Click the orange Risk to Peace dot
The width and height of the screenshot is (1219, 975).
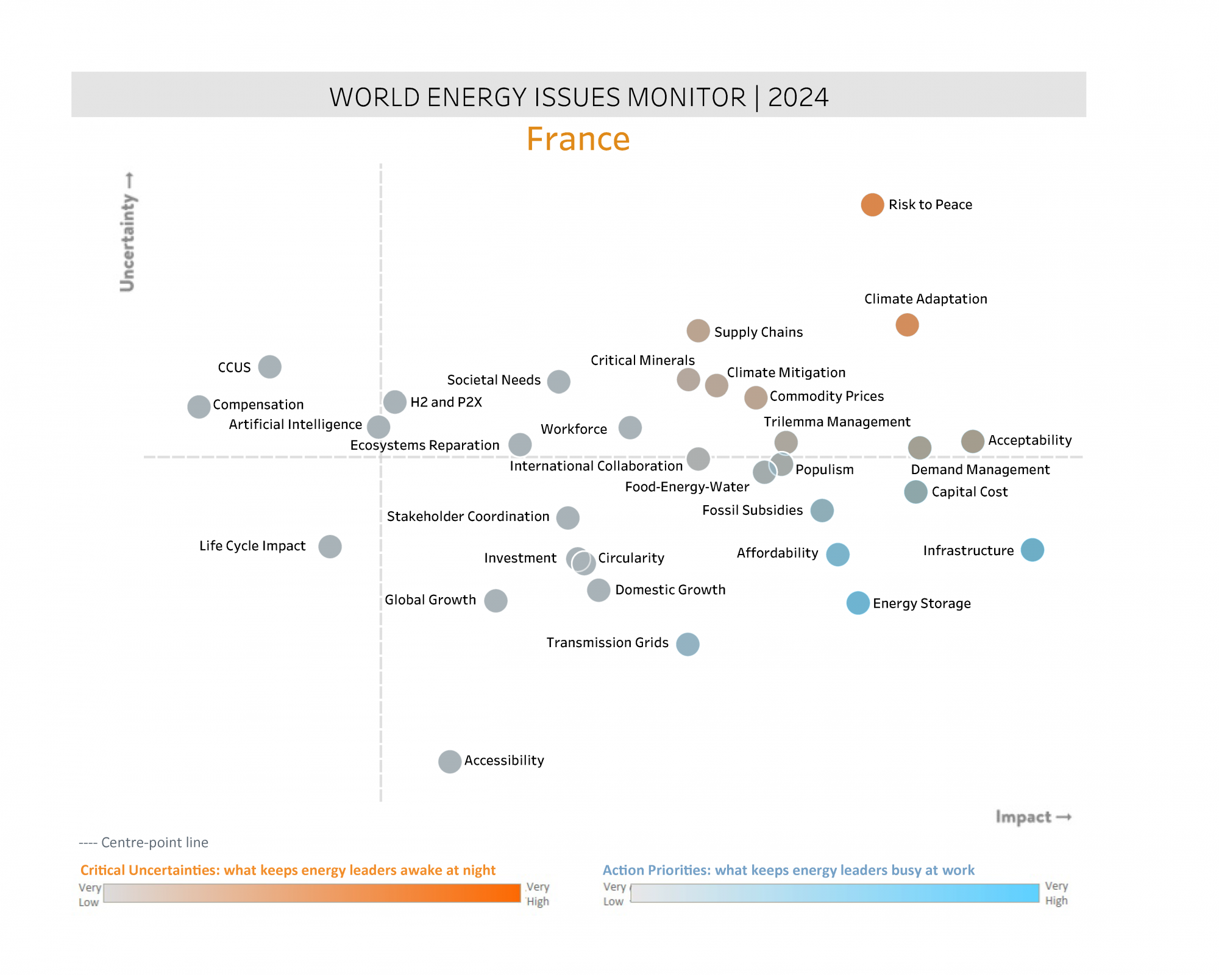point(872,205)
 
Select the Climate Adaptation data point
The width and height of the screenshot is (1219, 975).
point(907,325)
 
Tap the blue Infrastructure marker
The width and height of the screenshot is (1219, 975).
point(1032,550)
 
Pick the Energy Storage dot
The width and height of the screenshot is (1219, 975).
point(858,603)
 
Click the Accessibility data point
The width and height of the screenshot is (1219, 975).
point(450,762)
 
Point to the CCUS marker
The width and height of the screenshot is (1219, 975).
point(269,367)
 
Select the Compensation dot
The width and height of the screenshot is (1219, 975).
point(199,406)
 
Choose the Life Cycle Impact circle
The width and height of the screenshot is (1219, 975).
point(330,547)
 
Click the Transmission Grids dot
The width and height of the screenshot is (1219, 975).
point(688,644)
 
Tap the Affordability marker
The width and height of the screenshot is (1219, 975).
point(837,555)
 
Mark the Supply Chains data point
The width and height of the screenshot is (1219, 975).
point(698,331)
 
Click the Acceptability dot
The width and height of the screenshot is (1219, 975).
point(972,441)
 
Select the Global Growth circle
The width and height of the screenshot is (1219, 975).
point(496,601)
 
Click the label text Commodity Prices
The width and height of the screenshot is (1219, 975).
point(826,396)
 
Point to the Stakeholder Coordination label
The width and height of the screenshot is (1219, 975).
point(468,517)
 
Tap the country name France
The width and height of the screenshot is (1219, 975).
point(578,139)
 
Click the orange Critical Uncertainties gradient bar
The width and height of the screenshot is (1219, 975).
point(312,893)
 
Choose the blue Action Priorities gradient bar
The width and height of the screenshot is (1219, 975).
point(834,893)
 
